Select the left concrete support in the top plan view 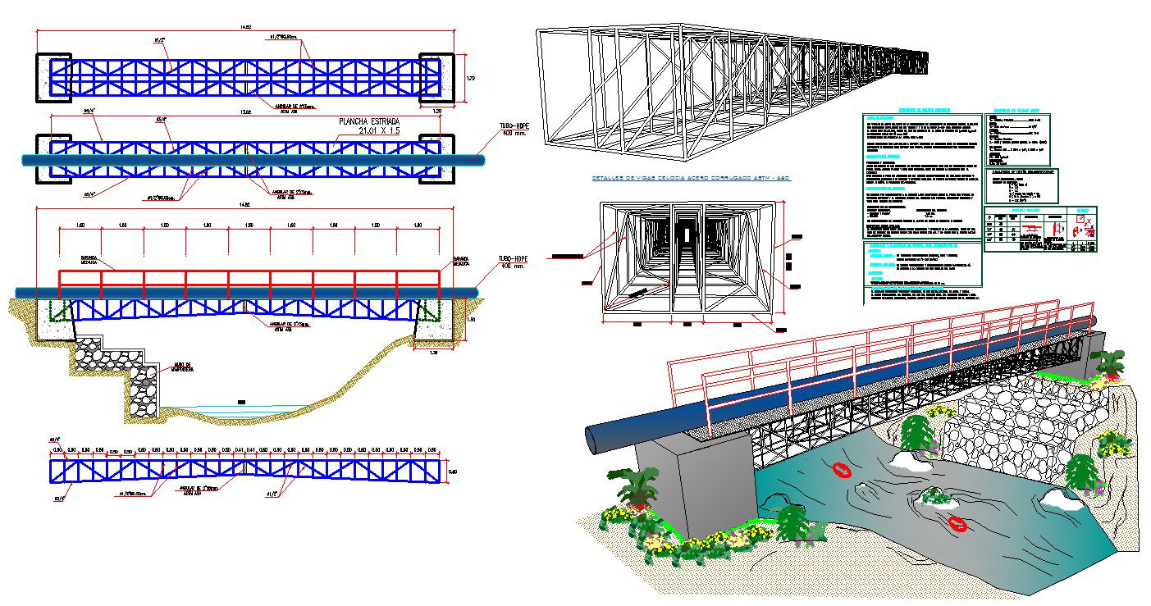[x=53, y=78]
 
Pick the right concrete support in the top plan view [x=436, y=78]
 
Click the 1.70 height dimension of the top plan [x=471, y=79]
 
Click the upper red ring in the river [x=842, y=470]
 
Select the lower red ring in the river [x=957, y=523]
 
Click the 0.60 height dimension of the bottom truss [x=453, y=471]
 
